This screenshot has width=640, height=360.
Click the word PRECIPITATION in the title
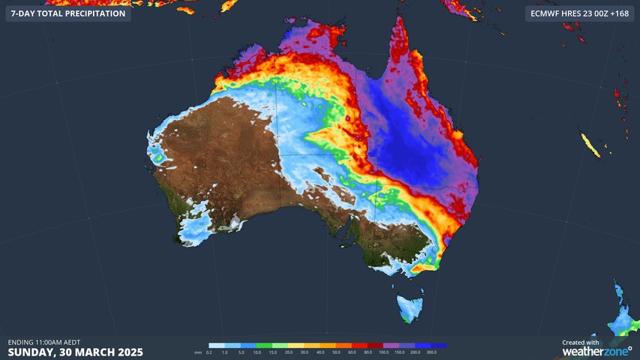coord(89,13)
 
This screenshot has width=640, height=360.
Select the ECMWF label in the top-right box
coord(546,13)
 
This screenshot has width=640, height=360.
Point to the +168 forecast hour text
coord(619,13)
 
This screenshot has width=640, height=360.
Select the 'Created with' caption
coord(581,342)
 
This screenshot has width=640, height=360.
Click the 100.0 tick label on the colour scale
coord(384,352)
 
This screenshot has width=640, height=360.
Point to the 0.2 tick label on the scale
coord(209,352)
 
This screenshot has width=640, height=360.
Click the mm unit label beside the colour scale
coord(198,352)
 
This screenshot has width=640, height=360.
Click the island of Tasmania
coord(410,308)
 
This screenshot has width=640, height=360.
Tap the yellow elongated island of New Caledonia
coord(591,145)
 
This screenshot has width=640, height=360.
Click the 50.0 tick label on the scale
coord(335,352)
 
